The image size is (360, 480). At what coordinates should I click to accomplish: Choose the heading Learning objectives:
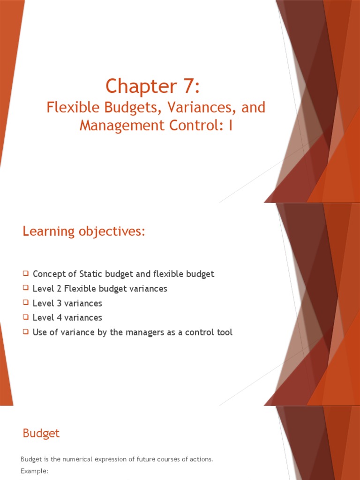[x=84, y=231]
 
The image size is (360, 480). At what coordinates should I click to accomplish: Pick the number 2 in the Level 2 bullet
[x=57, y=288]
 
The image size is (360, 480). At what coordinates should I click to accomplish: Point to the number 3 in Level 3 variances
[x=57, y=303]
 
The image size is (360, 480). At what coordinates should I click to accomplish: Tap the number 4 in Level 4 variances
[x=57, y=318]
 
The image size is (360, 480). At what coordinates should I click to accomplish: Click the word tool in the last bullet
[x=224, y=332]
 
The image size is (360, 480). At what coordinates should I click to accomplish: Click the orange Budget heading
[x=41, y=433]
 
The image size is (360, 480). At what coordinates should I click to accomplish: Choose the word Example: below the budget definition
[x=35, y=470]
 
